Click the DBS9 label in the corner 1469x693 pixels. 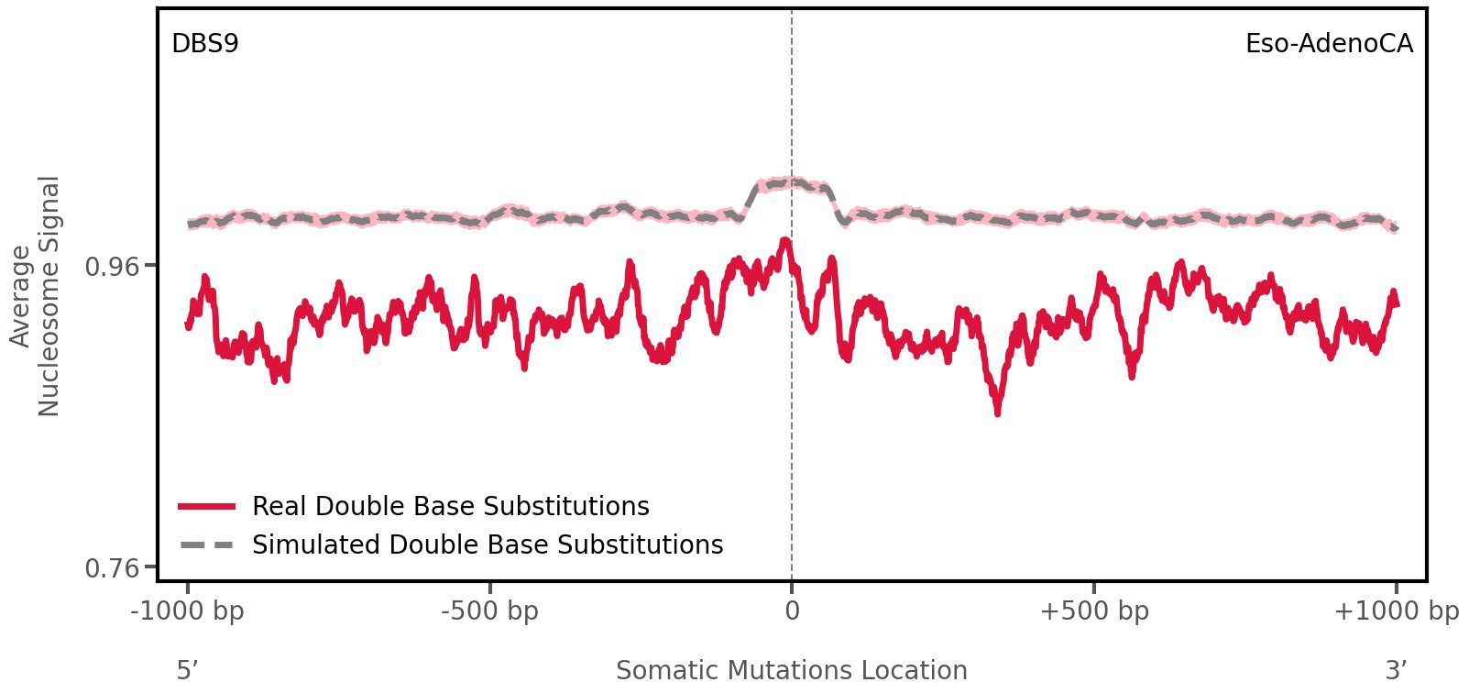point(205,44)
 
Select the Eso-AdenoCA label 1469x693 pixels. point(1328,44)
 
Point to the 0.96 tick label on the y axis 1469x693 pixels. point(112,267)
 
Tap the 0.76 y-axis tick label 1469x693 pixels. point(112,569)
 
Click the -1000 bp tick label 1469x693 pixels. point(188,611)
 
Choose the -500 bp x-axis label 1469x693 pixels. point(489,611)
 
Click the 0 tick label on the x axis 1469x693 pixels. point(792,611)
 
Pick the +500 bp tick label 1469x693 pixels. point(1094,611)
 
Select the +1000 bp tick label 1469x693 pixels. point(1396,611)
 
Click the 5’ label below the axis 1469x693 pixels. point(187,671)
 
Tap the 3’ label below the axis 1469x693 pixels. point(1396,671)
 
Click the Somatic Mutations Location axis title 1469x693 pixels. point(792,671)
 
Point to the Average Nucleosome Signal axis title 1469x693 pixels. point(36,295)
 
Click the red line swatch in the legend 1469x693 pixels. point(207,506)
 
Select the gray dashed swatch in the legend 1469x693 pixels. point(207,545)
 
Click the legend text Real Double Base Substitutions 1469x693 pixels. point(450,506)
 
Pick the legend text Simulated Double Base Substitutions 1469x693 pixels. point(488,545)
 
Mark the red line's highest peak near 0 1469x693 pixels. point(784,241)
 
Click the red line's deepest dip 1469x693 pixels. point(997,412)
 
